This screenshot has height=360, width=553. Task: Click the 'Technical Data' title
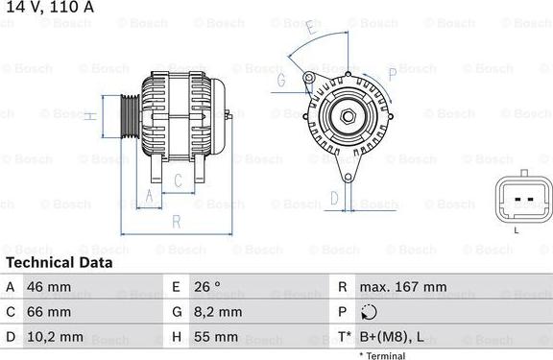59,262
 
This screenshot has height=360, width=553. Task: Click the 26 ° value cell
208,287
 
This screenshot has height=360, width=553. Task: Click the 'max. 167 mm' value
402,287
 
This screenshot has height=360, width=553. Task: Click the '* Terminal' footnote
382,355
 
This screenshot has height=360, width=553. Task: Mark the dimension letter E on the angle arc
309,31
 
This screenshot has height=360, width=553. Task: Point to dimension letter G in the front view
281,81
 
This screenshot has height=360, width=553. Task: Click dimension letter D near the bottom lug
333,198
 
